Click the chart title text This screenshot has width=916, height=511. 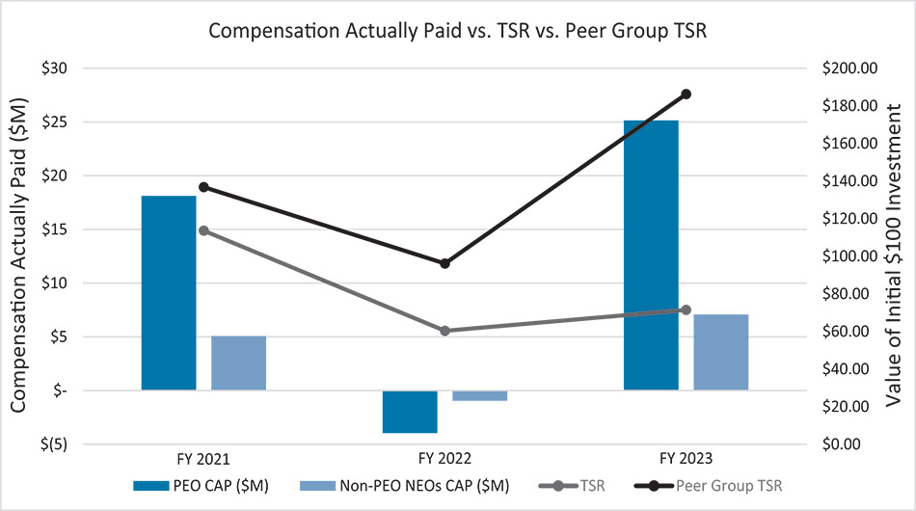click(458, 30)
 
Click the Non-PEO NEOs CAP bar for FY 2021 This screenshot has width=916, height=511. click(238, 363)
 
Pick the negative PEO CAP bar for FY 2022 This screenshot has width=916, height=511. click(410, 412)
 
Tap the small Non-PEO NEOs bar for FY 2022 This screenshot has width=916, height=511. click(479, 395)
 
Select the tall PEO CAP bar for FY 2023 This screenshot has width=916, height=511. click(651, 255)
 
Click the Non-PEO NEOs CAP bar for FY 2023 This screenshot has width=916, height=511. click(720, 352)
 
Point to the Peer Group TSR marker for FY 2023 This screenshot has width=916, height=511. click(687, 94)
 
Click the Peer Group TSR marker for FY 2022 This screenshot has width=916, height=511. click(445, 263)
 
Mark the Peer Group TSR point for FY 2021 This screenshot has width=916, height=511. click(203, 187)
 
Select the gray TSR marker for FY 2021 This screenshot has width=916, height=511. click(203, 230)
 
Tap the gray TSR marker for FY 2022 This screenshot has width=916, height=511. click(445, 331)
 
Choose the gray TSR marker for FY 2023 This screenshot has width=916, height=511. click(687, 309)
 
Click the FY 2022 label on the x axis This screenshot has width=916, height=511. click(445, 458)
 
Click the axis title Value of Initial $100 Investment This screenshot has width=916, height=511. click(894, 255)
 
